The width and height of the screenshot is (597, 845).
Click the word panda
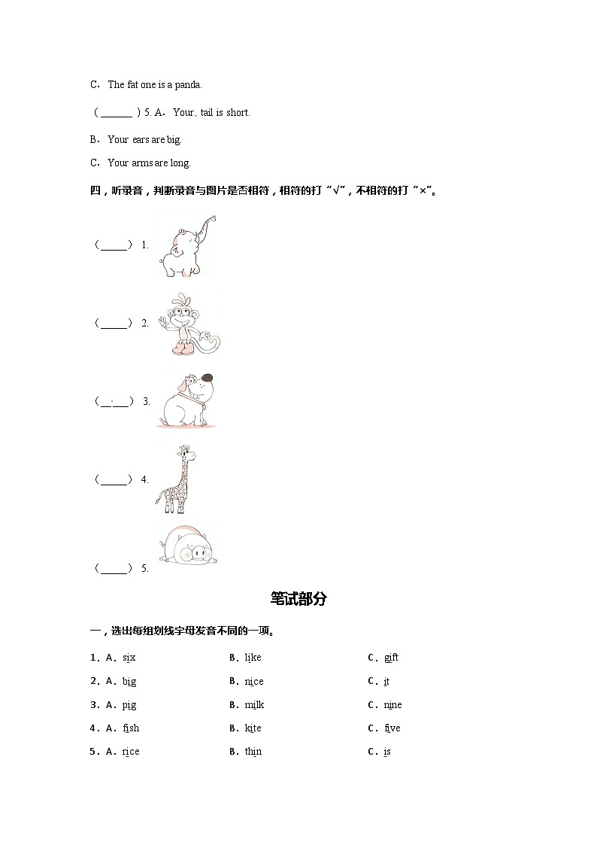click(x=188, y=85)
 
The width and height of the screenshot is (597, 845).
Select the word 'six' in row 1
click(x=129, y=658)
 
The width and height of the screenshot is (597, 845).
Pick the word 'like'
click(x=253, y=658)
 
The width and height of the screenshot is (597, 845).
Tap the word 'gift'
click(x=391, y=658)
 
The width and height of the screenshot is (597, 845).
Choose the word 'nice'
click(x=254, y=682)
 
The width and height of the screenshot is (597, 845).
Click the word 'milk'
click(x=254, y=705)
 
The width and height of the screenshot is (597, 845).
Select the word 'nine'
click(x=392, y=705)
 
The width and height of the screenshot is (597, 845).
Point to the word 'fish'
click(x=131, y=728)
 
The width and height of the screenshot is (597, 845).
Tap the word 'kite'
click(x=253, y=728)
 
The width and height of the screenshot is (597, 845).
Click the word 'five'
click(x=392, y=728)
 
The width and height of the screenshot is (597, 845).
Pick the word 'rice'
click(x=131, y=752)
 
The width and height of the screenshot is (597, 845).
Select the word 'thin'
click(x=253, y=752)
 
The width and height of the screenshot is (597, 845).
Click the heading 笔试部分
click(x=298, y=599)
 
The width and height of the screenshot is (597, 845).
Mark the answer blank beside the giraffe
click(x=114, y=479)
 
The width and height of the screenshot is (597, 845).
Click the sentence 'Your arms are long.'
click(x=149, y=163)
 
